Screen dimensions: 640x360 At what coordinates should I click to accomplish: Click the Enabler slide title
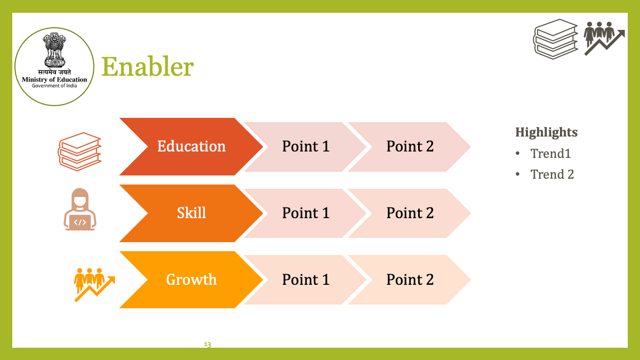click(x=148, y=67)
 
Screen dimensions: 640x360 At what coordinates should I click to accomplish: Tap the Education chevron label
click(x=191, y=146)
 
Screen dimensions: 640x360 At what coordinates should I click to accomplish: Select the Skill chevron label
click(x=191, y=213)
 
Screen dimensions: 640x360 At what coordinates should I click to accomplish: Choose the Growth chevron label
click(x=191, y=279)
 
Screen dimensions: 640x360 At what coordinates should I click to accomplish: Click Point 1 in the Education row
click(x=306, y=146)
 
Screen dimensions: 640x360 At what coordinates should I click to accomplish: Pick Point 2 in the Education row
click(x=410, y=146)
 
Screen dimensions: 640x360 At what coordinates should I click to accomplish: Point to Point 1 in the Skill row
click(x=306, y=213)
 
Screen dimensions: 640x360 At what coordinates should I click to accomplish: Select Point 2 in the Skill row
click(x=410, y=213)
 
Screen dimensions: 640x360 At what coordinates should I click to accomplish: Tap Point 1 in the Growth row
click(x=306, y=279)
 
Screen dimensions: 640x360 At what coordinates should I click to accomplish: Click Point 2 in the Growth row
click(x=410, y=279)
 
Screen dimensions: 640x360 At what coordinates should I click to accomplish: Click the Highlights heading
click(x=546, y=133)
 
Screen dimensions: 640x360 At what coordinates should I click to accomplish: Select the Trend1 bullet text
click(x=550, y=154)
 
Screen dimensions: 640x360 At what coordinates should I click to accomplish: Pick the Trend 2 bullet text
click(x=552, y=174)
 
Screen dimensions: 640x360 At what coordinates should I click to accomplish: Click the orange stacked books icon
click(x=79, y=151)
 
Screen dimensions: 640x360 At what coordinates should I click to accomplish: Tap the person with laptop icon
click(x=79, y=209)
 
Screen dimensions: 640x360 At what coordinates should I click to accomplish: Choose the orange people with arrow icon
click(x=94, y=285)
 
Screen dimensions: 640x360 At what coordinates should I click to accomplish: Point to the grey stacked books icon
click(x=555, y=39)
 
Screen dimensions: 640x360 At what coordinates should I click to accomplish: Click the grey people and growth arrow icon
click(x=604, y=38)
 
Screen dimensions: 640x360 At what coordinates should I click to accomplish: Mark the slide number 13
click(x=207, y=345)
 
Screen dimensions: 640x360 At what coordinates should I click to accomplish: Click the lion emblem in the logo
click(x=54, y=50)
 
